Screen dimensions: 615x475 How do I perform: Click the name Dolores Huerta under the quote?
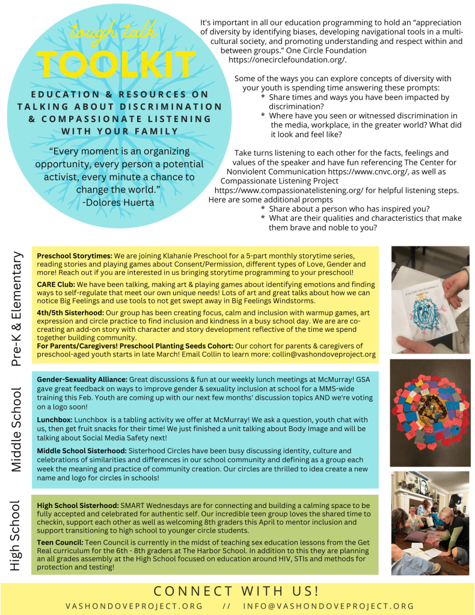pyautogui.click(x=118, y=203)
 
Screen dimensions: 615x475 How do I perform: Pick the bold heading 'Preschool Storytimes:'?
pyautogui.click(x=75, y=255)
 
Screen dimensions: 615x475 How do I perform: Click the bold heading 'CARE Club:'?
pyautogui.click(x=56, y=284)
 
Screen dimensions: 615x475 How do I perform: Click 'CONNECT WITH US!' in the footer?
pyautogui.click(x=236, y=590)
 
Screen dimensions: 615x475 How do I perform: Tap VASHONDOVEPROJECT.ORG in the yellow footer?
pyautogui.click(x=134, y=606)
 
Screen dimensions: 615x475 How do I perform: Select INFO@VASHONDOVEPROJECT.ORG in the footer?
pyautogui.click(x=329, y=606)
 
